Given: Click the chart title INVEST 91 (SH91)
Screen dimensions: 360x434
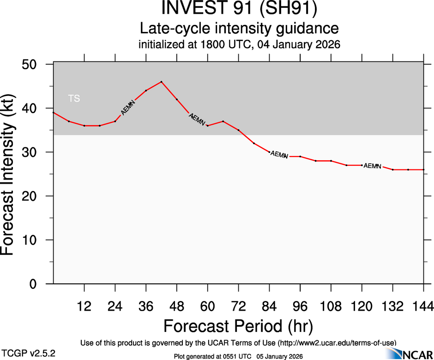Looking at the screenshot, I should [239, 9].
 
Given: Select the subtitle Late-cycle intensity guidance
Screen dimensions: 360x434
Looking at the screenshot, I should [239, 29].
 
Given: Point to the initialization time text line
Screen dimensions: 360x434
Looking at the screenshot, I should [239, 45].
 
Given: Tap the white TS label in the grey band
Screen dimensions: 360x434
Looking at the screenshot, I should [74, 98].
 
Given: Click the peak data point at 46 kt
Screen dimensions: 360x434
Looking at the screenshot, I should [161, 82].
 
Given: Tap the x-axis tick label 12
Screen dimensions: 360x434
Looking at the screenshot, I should [84, 306].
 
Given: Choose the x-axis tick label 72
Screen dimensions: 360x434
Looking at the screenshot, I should [238, 306].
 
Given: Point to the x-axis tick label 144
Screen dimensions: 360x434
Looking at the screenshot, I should [423, 306].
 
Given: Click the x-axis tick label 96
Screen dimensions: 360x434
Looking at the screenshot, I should [300, 306].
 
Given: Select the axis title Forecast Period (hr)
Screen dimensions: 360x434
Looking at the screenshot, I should [238, 326].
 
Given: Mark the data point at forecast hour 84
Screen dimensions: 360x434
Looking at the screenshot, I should [269, 152].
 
